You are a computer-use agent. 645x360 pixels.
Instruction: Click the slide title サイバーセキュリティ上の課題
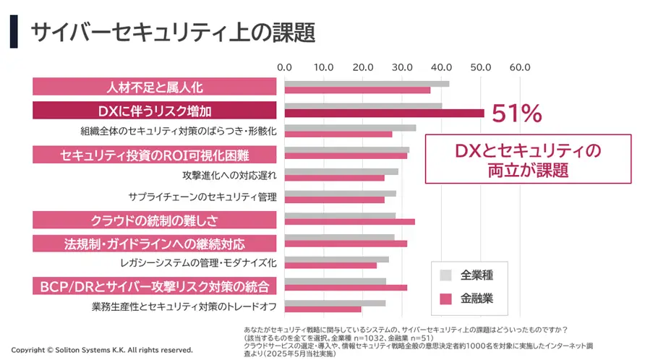coord(174,32)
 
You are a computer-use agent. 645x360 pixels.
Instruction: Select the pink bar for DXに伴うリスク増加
coord(384,113)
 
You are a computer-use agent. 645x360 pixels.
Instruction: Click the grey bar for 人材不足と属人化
coord(367,84)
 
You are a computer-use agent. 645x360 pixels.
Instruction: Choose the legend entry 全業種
coord(477,275)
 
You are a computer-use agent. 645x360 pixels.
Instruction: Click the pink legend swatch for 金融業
coord(445,298)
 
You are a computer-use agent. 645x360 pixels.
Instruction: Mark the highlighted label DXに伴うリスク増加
coord(155,111)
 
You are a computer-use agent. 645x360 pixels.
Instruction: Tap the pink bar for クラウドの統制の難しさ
coord(349,221)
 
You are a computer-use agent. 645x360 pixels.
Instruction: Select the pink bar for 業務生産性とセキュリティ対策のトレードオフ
coord(322,309)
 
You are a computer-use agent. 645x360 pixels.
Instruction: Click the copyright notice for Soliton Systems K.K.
coord(102,350)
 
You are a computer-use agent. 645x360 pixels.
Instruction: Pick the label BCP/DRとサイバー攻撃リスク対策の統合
coord(155,286)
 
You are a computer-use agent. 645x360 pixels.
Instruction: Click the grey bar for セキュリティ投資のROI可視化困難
coord(346,150)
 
